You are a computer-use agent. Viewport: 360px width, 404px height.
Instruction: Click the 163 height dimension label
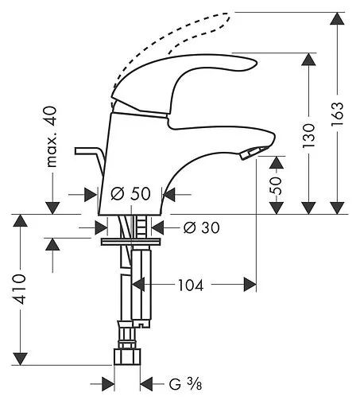coord(337,114)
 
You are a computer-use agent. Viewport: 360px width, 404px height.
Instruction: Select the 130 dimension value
coord(309,135)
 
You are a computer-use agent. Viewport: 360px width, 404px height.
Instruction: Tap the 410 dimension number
coord(20,289)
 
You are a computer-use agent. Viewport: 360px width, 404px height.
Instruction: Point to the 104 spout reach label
coord(191,286)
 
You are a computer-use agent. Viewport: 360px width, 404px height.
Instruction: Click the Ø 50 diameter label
coord(131,193)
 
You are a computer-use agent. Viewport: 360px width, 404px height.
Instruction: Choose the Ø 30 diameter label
coord(202,227)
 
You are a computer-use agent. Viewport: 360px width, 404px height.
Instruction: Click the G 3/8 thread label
coord(186,384)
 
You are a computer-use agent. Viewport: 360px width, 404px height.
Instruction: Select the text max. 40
coord(52,137)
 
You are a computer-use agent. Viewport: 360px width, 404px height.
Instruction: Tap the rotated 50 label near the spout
coord(276,185)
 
